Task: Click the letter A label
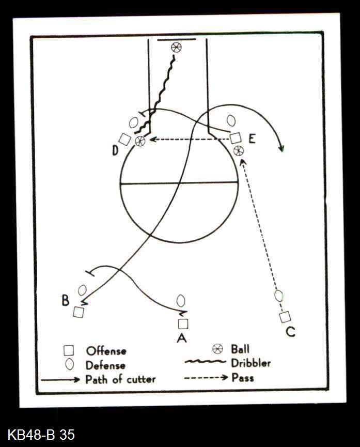[x=182, y=338]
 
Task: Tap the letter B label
[x=65, y=300]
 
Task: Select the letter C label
[x=290, y=332]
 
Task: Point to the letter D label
[x=115, y=150]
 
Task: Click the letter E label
[x=252, y=139]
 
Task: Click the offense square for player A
[x=183, y=324]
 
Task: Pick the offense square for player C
[x=285, y=317]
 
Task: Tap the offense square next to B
[x=79, y=312]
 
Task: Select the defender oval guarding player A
[x=181, y=301]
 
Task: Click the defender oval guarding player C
[x=279, y=296]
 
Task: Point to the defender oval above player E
[x=231, y=120]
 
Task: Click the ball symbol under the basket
[x=177, y=47]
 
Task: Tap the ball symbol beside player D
[x=139, y=141]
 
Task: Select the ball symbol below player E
[x=238, y=150]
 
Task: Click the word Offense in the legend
[x=106, y=351]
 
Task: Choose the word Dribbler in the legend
[x=251, y=363]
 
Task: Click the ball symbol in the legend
[x=218, y=349]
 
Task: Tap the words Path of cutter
[x=120, y=379]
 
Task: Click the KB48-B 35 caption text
[x=41, y=435]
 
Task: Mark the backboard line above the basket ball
[x=177, y=40]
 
